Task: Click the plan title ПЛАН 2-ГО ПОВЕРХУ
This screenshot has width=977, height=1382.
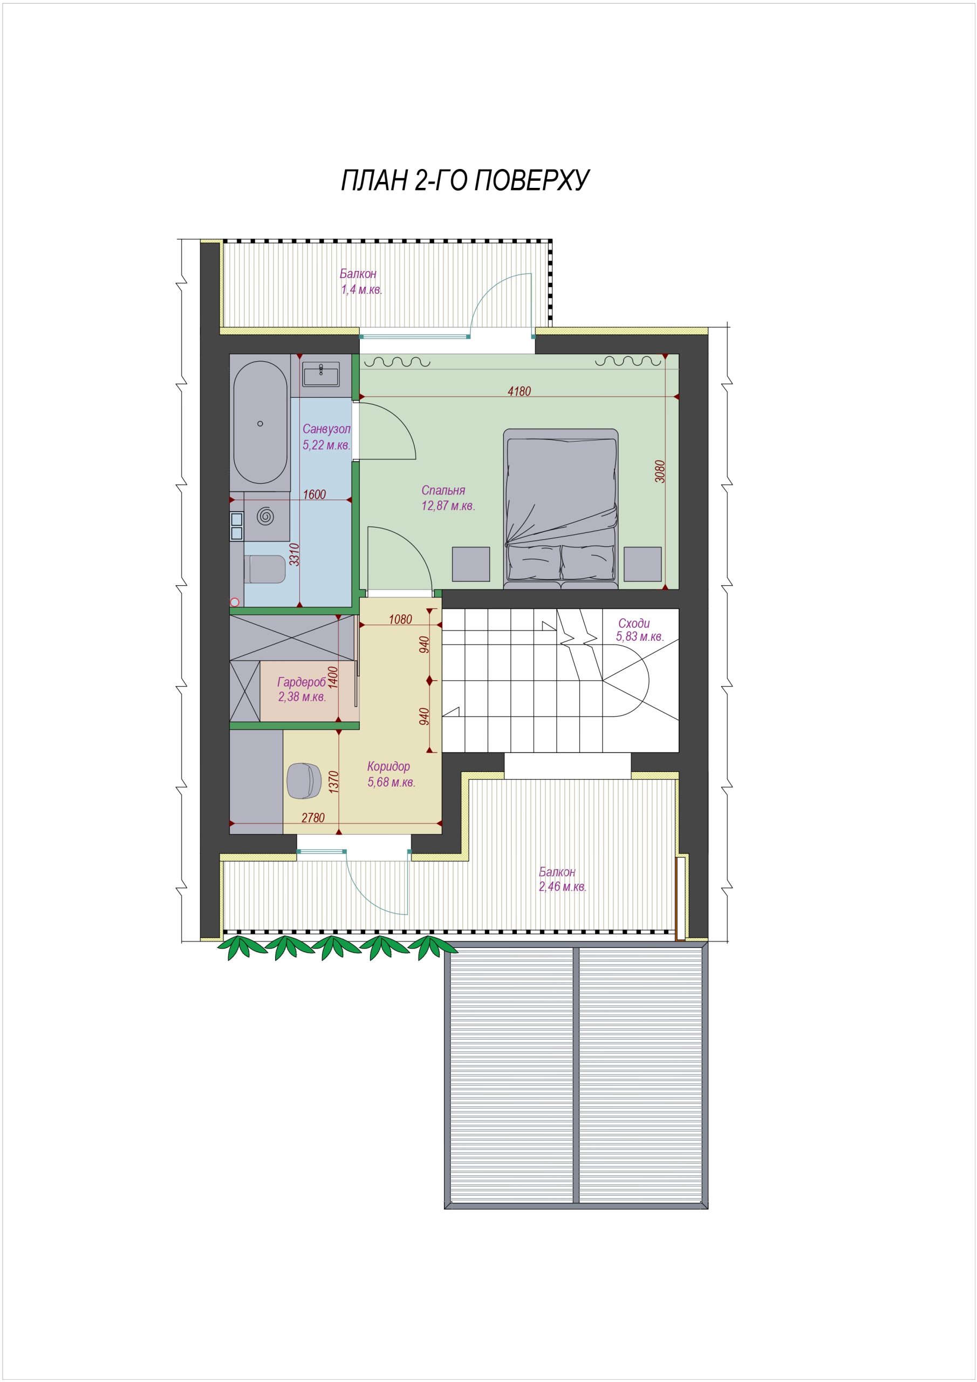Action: click(x=465, y=180)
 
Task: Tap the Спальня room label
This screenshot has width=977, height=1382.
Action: click(x=443, y=491)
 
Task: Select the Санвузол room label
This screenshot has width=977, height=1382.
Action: click(x=326, y=429)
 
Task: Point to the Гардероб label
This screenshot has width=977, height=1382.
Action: click(x=301, y=682)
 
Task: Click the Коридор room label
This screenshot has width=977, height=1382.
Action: click(x=388, y=766)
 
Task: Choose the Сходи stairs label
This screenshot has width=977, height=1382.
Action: click(x=634, y=624)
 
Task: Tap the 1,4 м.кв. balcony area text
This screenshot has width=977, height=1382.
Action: click(x=361, y=289)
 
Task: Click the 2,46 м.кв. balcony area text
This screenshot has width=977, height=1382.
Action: click(x=563, y=886)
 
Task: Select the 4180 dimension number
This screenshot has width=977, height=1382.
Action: click(x=519, y=391)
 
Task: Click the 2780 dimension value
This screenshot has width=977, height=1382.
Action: click(x=313, y=817)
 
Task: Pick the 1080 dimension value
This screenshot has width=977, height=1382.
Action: click(x=401, y=619)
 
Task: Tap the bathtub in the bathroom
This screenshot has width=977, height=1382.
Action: click(x=260, y=423)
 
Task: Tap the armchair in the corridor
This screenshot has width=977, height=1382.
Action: click(x=304, y=780)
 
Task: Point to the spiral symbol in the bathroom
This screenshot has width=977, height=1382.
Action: click(x=265, y=516)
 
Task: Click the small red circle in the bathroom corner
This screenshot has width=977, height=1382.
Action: click(x=235, y=601)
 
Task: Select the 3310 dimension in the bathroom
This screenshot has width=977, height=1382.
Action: click(x=295, y=555)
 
